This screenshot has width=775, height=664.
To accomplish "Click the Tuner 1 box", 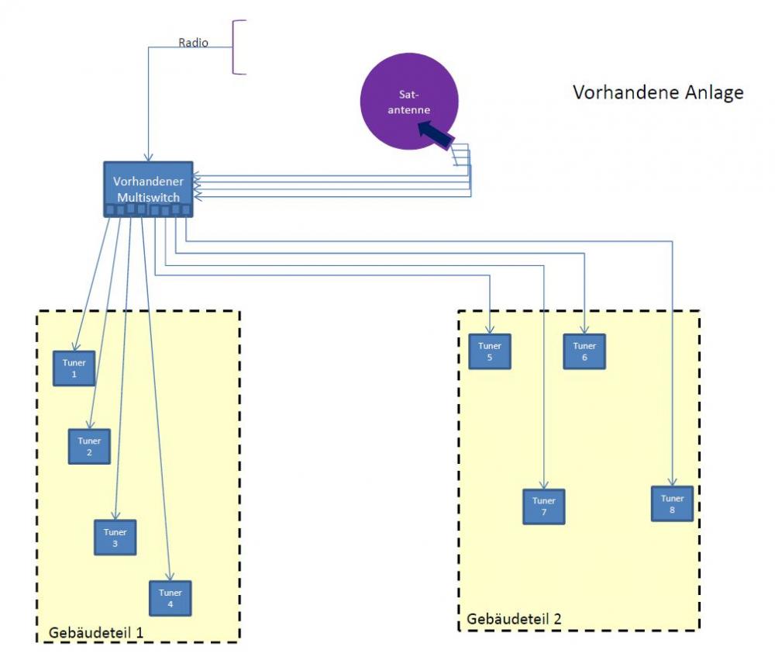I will tap(74, 368).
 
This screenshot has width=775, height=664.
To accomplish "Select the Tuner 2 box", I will tap(89, 446).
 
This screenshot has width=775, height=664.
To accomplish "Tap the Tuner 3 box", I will tap(115, 538).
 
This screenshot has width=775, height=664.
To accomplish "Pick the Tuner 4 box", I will tap(170, 598).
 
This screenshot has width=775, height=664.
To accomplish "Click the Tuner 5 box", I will tap(490, 351).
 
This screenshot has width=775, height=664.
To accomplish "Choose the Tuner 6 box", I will tap(584, 351).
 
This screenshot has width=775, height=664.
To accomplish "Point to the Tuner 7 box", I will tap(544, 507).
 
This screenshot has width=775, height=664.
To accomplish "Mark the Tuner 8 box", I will tap(672, 503).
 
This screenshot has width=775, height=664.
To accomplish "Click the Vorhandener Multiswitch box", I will tap(148, 189).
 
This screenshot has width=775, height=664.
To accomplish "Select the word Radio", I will tap(193, 43).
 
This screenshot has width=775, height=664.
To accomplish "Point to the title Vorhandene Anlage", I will tap(658, 92).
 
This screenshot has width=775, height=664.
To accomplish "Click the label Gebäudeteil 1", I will tap(96, 632).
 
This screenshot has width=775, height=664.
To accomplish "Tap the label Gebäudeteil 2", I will tap(514, 619).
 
